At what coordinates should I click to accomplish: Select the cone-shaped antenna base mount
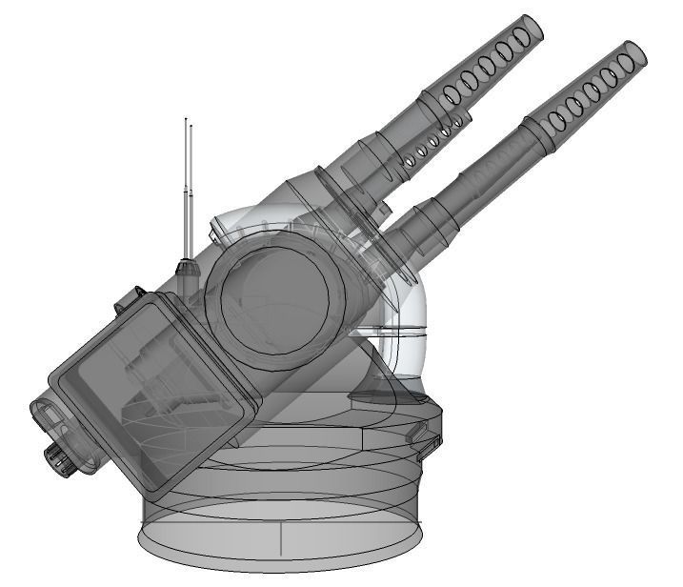point(188,268)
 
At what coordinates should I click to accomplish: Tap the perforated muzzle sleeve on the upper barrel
point(486,67)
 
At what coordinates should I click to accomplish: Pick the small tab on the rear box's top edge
point(121,306)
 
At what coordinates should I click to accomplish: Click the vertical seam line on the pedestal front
point(282,538)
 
